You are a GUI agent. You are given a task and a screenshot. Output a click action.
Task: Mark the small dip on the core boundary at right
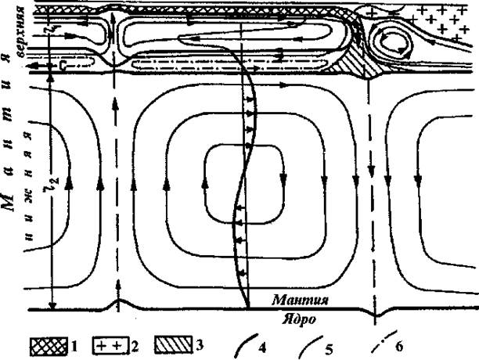(377, 313)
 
